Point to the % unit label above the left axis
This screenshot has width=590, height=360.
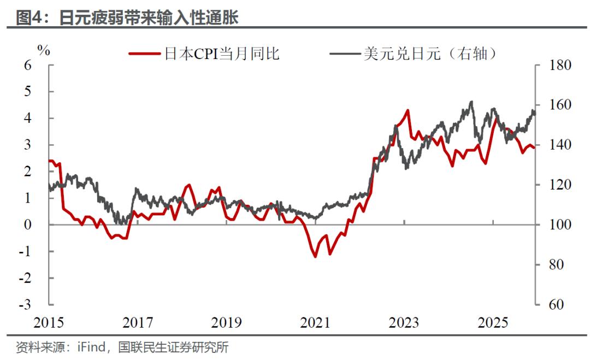[44, 51]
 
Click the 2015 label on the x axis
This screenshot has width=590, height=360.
[49, 323]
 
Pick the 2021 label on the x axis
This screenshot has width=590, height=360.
[315, 323]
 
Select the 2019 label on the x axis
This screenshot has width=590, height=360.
[227, 323]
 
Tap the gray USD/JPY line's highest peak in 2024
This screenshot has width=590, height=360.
[471, 102]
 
